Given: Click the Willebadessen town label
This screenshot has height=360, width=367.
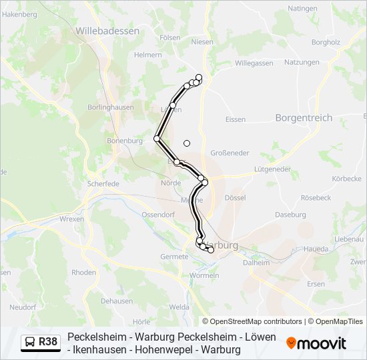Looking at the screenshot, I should [107, 31].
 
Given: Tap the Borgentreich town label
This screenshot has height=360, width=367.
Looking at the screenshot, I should [303, 117].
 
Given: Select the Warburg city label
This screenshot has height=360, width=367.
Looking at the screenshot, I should [222, 245].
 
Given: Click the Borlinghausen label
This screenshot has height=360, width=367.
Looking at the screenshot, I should [111, 107].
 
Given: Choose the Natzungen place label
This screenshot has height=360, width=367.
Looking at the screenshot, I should [302, 62].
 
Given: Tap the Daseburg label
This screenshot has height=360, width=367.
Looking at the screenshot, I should [290, 215].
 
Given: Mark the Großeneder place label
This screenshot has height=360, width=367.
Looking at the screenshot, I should [230, 153].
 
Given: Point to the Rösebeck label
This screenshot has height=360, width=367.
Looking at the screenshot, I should [316, 198].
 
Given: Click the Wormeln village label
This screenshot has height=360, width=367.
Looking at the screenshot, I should [204, 275].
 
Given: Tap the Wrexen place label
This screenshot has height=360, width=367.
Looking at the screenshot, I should [72, 219].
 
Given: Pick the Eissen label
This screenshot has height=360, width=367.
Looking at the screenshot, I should [236, 119].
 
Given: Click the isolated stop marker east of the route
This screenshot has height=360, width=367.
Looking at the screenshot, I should [187, 143].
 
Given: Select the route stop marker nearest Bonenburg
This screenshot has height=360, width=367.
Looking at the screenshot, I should [157, 139].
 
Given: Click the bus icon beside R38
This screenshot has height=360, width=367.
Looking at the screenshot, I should [29, 343].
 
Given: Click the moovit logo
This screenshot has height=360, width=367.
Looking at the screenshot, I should [316, 343].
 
